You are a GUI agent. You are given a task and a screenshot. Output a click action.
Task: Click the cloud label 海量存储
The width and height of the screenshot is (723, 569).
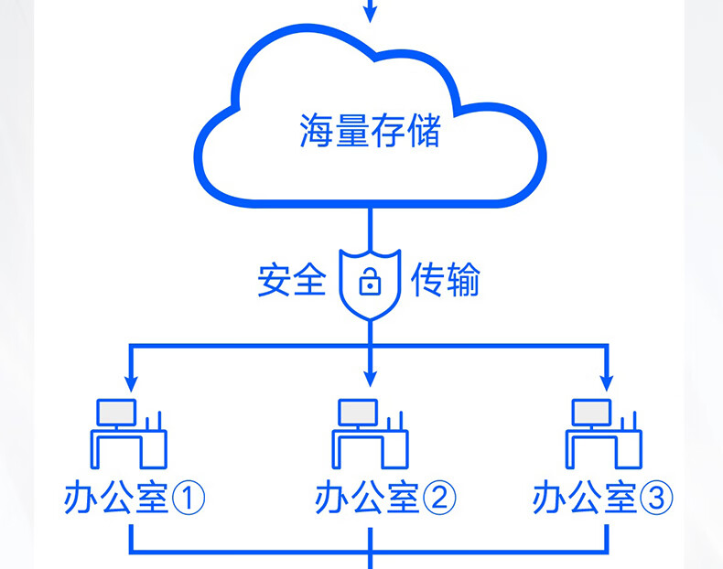click(x=370, y=131)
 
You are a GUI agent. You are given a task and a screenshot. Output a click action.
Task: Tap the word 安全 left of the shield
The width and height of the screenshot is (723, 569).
click(x=291, y=281)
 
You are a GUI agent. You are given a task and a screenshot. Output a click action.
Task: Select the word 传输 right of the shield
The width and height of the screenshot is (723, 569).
click(x=446, y=281)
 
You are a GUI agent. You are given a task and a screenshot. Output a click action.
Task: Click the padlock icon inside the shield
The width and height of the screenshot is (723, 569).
click(x=370, y=284)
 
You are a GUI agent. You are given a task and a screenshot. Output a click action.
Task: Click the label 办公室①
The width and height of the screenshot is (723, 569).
click(x=135, y=499)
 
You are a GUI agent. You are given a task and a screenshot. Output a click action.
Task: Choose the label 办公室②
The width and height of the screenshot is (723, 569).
click(x=385, y=499)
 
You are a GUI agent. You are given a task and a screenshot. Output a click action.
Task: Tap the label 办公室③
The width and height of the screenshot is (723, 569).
click(x=603, y=499)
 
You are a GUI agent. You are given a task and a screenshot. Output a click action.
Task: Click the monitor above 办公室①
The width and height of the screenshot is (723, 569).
click(x=117, y=413)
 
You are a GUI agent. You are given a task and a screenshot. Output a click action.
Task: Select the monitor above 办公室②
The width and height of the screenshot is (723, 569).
click(x=356, y=413)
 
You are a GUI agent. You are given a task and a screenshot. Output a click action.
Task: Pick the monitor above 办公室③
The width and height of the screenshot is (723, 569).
click(x=590, y=413)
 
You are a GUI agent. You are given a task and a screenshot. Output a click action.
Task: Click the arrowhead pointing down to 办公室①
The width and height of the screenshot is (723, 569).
click(x=130, y=378)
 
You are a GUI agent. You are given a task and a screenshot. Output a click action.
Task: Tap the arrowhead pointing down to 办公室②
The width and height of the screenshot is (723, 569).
click(x=370, y=378)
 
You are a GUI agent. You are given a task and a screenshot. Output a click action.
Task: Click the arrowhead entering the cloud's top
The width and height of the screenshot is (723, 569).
click(x=370, y=14)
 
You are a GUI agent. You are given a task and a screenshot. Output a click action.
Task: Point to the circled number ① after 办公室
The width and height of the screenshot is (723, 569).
click(x=188, y=499)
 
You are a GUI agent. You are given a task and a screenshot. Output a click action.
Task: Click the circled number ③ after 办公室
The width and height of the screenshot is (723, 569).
click(x=656, y=499)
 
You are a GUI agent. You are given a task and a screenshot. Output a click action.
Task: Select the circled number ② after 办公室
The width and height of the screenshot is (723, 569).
click(x=438, y=499)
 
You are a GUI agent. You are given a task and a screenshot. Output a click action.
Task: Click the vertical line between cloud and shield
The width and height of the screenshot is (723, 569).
click(x=370, y=227)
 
